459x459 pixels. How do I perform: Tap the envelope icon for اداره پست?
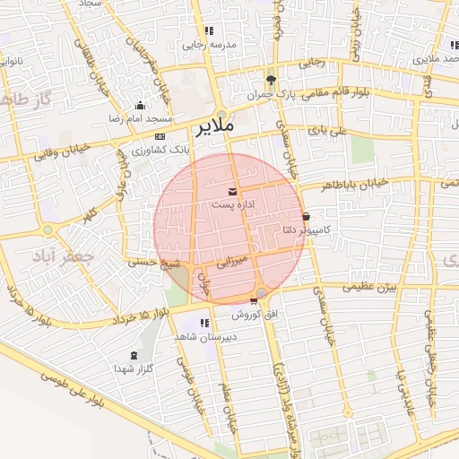point(233,192)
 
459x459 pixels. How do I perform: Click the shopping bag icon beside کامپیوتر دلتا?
point(307,216)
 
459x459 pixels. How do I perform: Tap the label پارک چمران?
point(270,93)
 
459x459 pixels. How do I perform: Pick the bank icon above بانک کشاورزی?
point(160,136)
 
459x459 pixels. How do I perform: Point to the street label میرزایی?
point(231,263)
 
